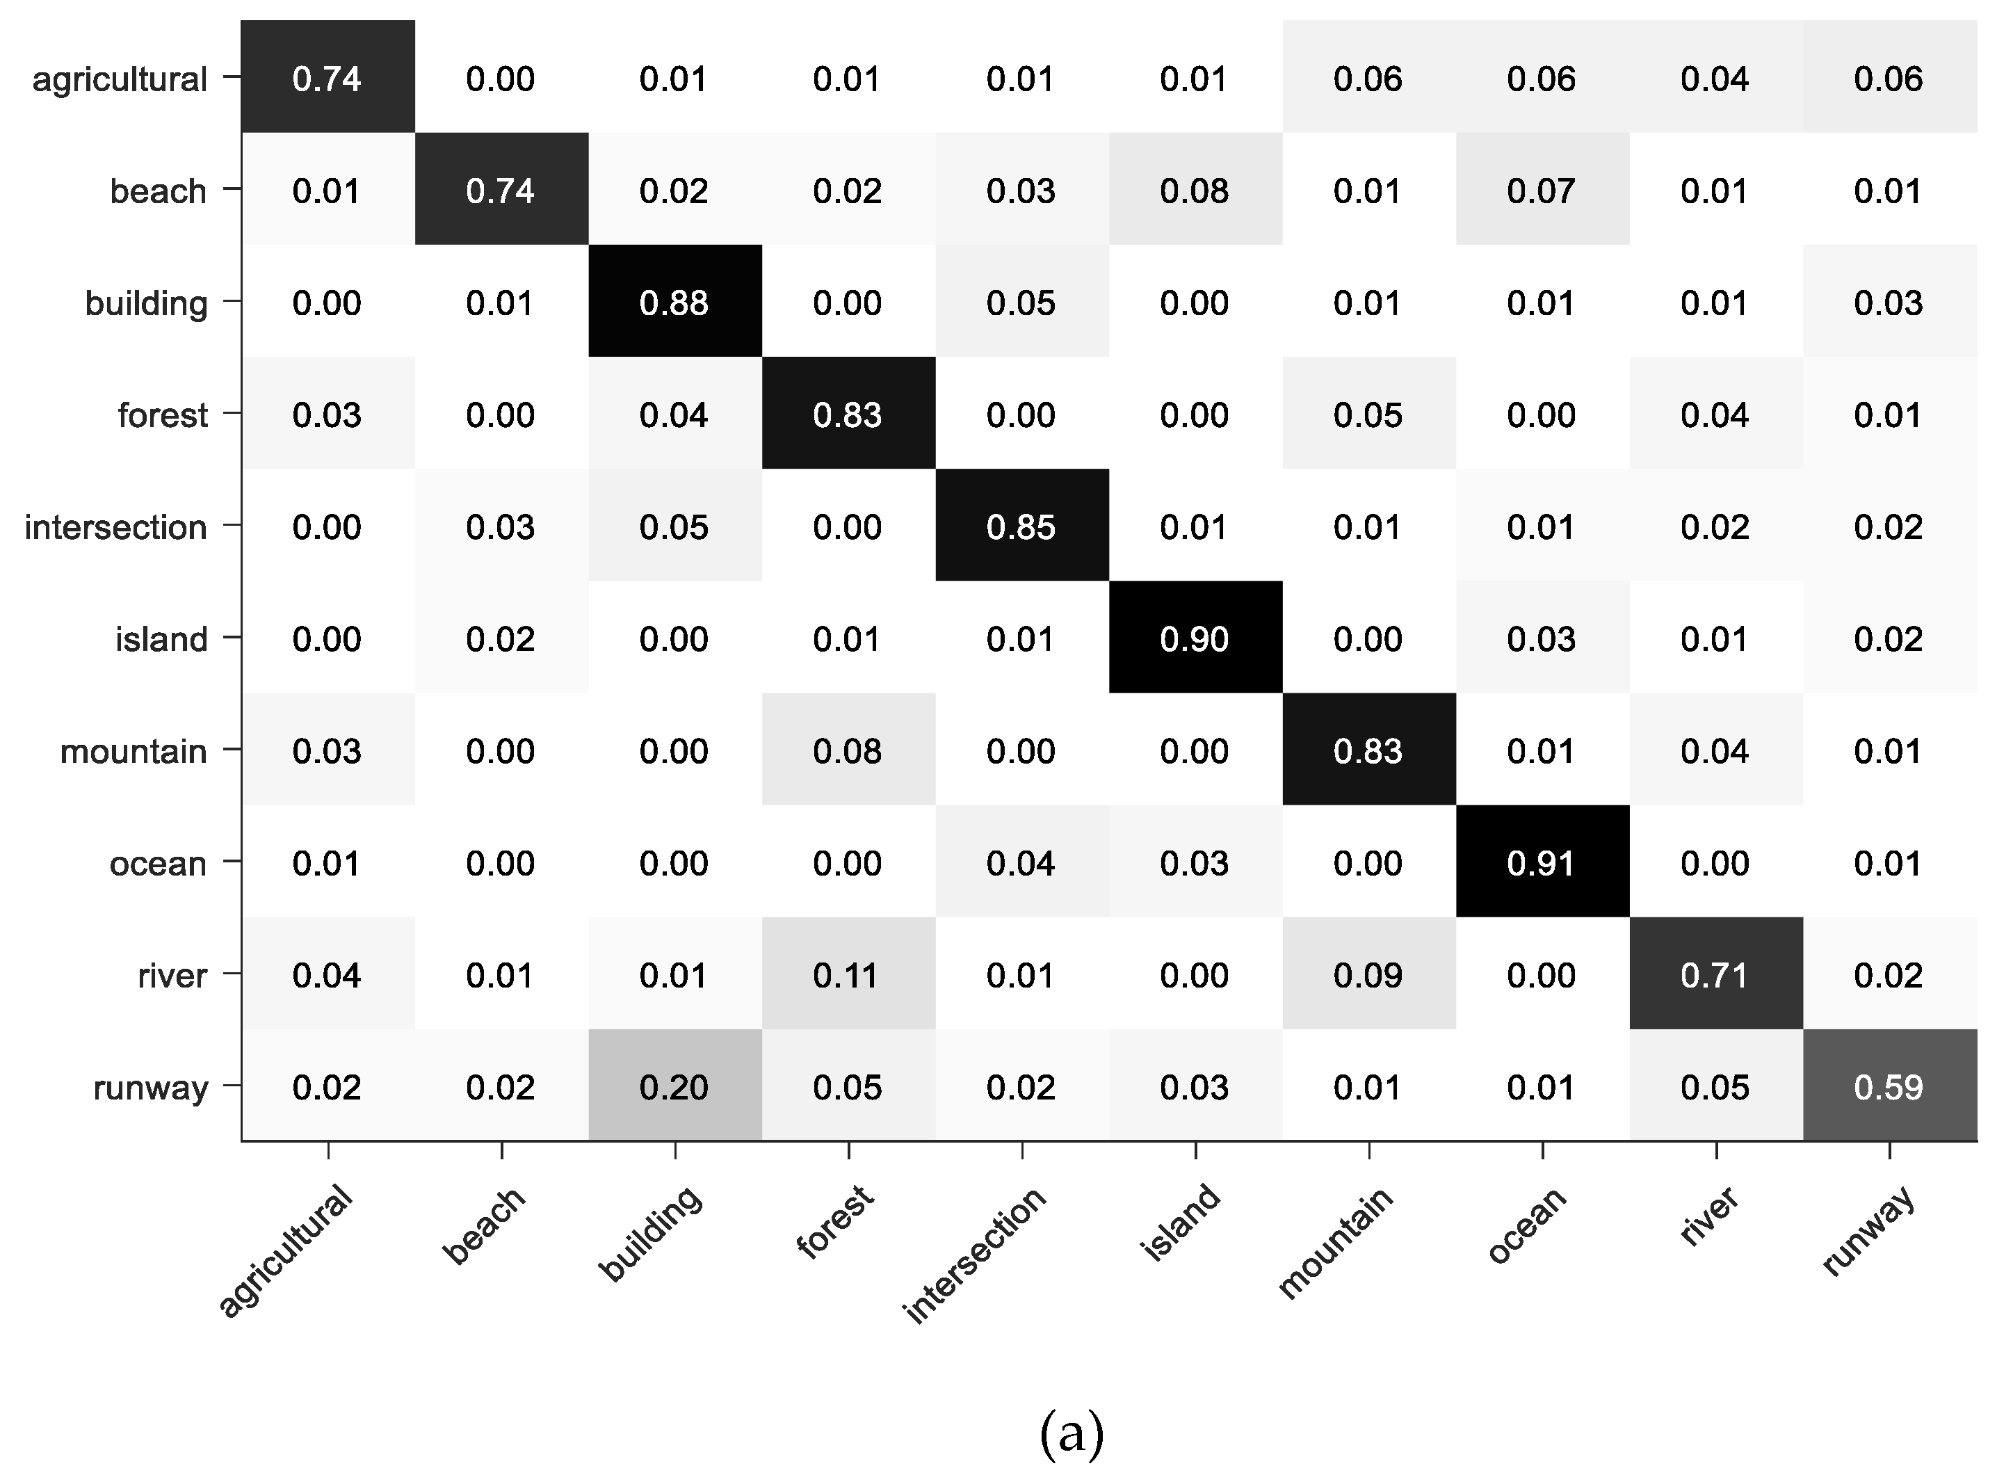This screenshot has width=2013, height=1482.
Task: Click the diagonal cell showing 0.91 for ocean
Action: [1541, 862]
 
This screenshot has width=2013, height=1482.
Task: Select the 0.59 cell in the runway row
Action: [1889, 1086]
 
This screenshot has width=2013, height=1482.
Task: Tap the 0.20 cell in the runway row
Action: [674, 1086]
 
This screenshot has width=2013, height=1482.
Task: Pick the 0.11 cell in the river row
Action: [847, 974]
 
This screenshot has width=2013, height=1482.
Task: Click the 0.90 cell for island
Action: [1194, 638]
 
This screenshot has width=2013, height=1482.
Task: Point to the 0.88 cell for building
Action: [674, 303]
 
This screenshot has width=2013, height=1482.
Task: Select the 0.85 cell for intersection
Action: [1021, 526]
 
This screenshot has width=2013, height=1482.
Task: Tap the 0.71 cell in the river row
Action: [1714, 974]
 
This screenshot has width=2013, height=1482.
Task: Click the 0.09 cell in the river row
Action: [1367, 974]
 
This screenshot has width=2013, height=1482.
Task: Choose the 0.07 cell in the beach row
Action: [1541, 190]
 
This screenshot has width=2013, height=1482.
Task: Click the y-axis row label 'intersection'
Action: [115, 527]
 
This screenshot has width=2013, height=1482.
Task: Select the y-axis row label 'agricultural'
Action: [120, 79]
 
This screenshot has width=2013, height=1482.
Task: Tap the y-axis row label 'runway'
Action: [151, 1087]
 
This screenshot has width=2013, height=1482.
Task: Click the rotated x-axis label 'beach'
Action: [485, 1225]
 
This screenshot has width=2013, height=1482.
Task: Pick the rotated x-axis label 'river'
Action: [1710, 1216]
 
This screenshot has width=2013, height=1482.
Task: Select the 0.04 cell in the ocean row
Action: [1021, 862]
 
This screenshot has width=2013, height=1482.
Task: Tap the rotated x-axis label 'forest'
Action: [835, 1222]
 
